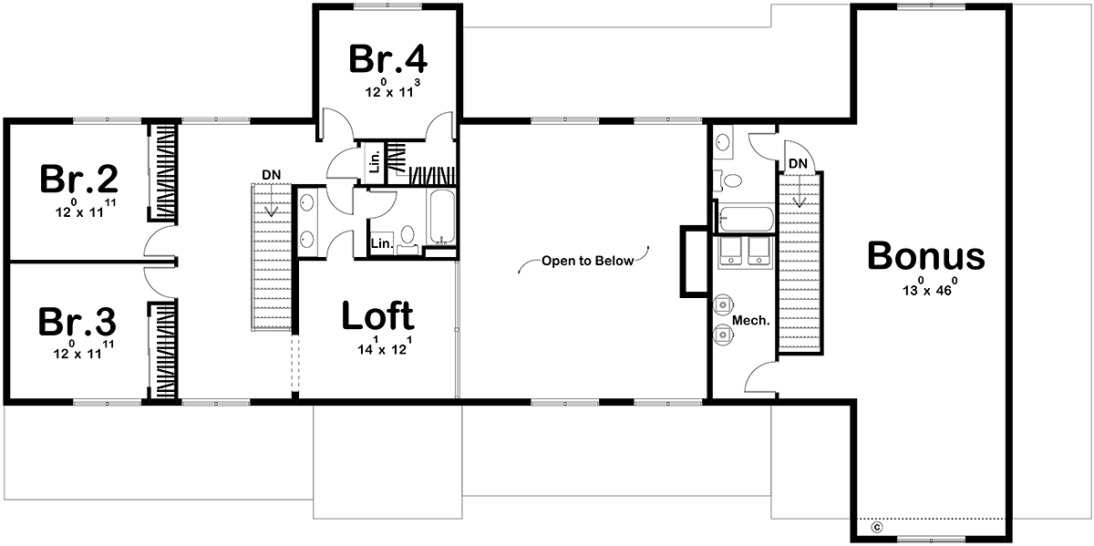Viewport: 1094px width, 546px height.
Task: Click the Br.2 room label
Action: click(79, 180)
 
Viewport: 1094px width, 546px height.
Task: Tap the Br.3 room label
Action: click(77, 322)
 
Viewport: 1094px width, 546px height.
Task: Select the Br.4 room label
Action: click(388, 58)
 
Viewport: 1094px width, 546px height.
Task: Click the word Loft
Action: click(378, 315)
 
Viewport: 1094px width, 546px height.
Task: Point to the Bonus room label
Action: click(926, 255)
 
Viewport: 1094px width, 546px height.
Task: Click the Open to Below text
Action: click(587, 261)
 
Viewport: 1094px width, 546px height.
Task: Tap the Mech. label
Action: click(751, 320)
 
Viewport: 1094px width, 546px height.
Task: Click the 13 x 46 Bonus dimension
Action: click(930, 287)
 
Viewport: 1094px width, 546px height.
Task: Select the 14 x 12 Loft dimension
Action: click(385, 345)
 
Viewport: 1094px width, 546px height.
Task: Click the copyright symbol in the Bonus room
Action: click(877, 528)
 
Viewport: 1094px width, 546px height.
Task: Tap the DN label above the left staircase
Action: click(272, 175)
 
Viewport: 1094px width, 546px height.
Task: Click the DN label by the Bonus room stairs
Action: click(798, 163)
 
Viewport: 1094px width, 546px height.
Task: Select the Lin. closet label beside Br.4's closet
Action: click(375, 162)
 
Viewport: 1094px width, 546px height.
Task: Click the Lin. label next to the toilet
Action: click(382, 243)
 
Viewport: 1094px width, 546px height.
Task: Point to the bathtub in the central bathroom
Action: click(442, 217)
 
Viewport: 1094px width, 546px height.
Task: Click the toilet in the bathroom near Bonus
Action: click(728, 180)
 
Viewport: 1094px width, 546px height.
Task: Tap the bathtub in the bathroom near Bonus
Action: click(747, 220)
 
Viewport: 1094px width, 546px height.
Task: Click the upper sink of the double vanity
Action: click(306, 202)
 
